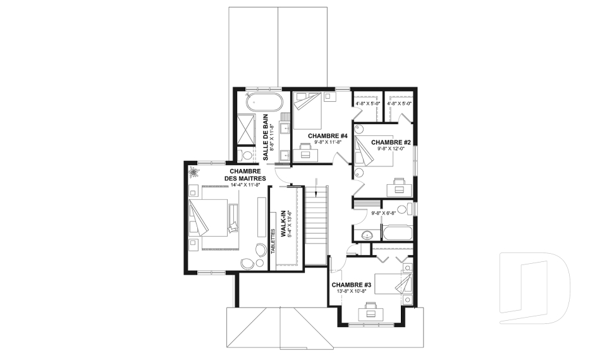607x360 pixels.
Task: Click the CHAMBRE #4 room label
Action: (x=328, y=136)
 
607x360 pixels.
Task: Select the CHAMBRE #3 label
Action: (x=352, y=285)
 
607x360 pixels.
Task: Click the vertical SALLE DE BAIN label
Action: (x=266, y=137)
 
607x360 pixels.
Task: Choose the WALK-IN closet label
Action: (x=283, y=223)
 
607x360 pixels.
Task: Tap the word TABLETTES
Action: (x=273, y=242)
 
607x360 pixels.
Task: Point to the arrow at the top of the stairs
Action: (x=317, y=187)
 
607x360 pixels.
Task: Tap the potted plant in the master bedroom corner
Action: (x=193, y=172)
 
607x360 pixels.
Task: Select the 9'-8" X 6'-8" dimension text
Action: (x=384, y=213)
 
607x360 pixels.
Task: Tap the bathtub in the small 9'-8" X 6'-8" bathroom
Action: (x=397, y=233)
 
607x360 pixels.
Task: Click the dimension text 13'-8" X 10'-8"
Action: (x=349, y=291)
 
